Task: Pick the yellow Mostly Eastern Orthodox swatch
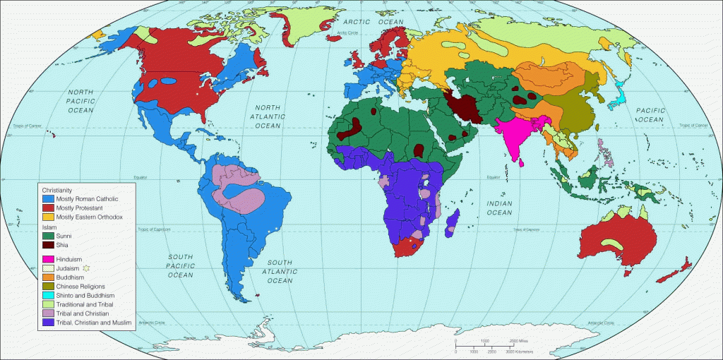(47, 217)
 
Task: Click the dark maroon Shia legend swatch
(47, 245)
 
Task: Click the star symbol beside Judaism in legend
(86, 268)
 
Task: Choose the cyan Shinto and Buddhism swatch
(47, 295)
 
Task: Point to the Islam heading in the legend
(49, 227)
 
